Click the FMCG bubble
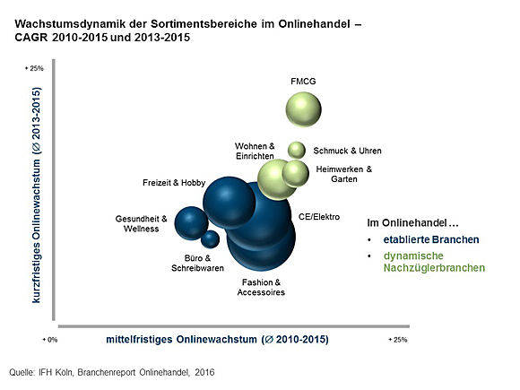(303, 109)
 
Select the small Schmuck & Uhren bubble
(297, 150)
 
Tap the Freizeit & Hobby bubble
(230, 203)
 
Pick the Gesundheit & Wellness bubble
(191, 223)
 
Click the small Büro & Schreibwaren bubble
(211, 239)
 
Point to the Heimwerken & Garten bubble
(296, 173)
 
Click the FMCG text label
(303, 82)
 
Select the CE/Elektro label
(319, 217)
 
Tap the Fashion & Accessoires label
(261, 287)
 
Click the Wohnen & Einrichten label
(255, 151)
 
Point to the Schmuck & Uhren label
(347, 151)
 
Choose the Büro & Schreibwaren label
(197, 263)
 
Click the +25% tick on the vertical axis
(34, 68)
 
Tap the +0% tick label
(50, 340)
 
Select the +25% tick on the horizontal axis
(398, 340)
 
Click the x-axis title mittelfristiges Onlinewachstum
(217, 339)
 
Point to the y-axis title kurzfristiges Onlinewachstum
(36, 195)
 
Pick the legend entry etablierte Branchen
(431, 239)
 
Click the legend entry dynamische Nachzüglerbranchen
(434, 262)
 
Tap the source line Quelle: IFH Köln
(112, 372)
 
